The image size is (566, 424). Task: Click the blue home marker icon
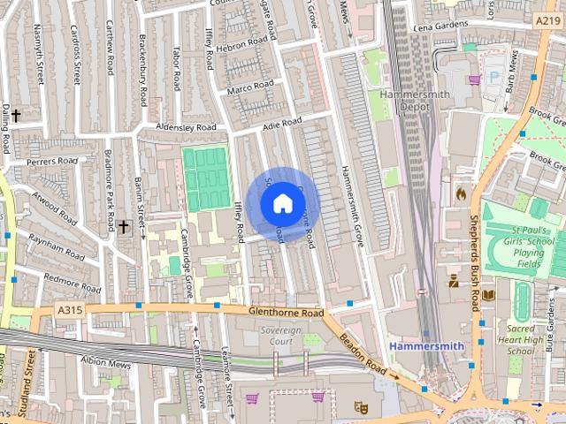pyautogui.click(x=281, y=203)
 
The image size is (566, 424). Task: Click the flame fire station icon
pyautogui.click(x=459, y=191)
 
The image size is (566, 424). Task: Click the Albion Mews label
pyautogui.click(x=105, y=363)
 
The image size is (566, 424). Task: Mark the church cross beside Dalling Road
pyautogui.click(x=16, y=115)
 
